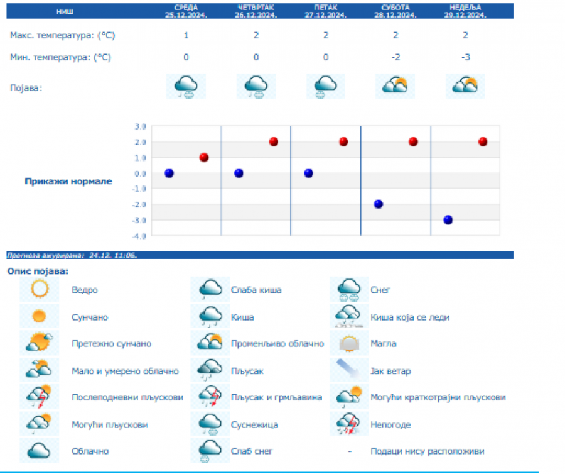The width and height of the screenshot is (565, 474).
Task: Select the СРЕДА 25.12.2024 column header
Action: click(x=186, y=11)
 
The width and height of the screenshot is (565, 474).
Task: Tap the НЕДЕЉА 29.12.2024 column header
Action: click(x=465, y=11)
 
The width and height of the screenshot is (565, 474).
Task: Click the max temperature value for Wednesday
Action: click(x=186, y=35)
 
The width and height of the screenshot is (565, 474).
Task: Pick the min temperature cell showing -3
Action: click(x=465, y=57)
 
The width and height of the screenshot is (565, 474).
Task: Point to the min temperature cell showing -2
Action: click(x=395, y=57)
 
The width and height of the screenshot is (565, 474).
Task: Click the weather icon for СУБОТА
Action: click(x=395, y=85)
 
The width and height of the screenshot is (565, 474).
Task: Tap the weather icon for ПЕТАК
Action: click(x=325, y=85)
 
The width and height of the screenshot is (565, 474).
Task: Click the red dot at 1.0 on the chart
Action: click(x=203, y=157)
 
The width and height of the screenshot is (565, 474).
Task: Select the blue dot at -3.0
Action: click(x=448, y=219)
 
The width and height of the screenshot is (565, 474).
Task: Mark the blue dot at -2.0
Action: click(x=378, y=204)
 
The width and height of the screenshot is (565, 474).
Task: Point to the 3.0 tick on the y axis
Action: click(x=140, y=126)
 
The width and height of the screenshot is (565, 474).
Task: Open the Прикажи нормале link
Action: click(x=68, y=182)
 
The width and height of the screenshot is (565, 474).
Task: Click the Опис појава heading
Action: click(x=38, y=271)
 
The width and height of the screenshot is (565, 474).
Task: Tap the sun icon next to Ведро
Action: click(x=40, y=290)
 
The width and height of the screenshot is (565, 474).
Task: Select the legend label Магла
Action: click(x=383, y=344)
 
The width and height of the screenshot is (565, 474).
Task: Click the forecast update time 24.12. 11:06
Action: click(x=113, y=255)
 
